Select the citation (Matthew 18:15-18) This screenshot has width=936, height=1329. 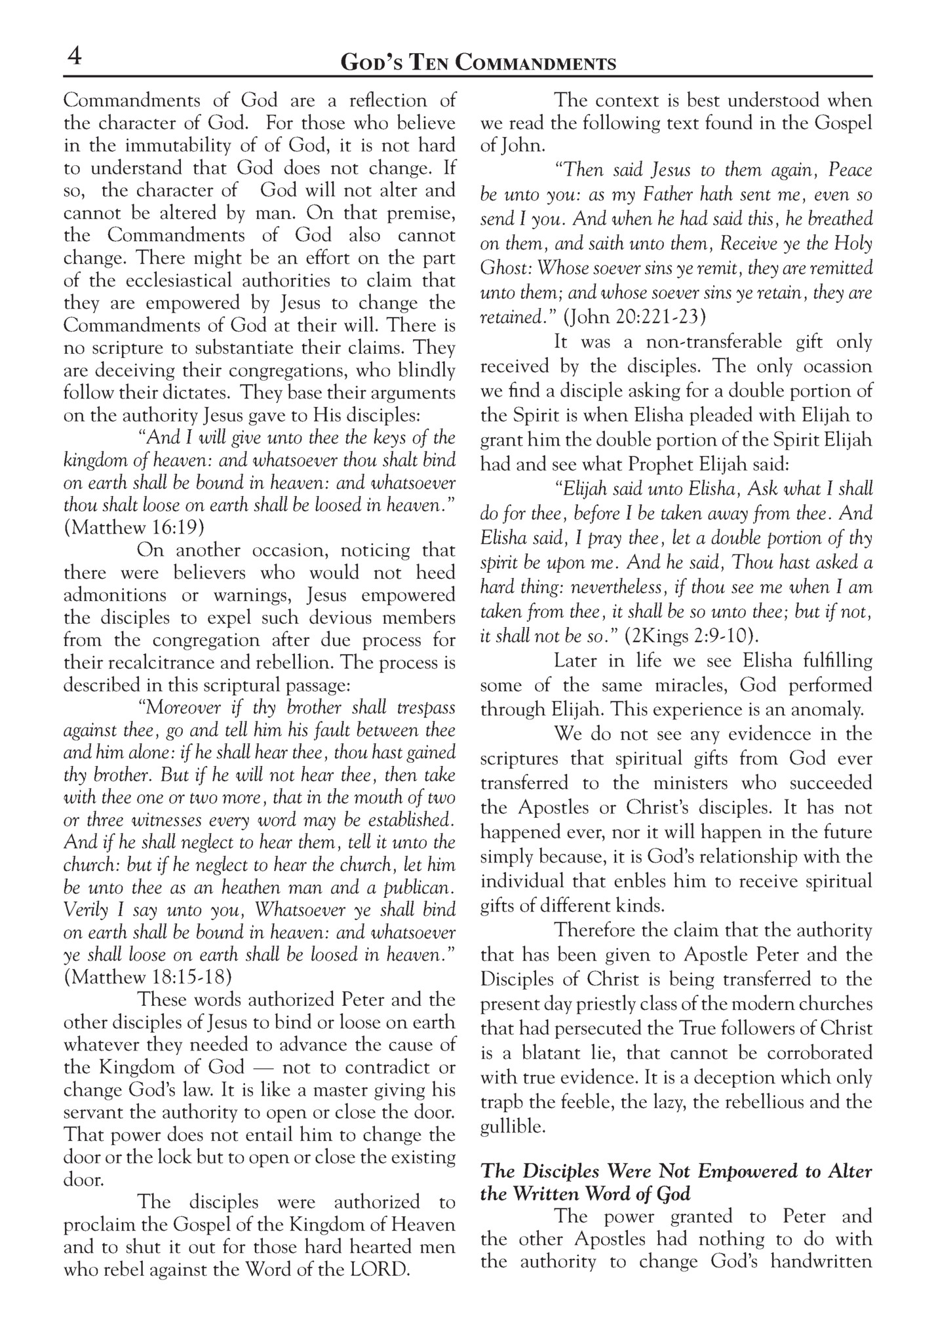[x=148, y=977]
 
